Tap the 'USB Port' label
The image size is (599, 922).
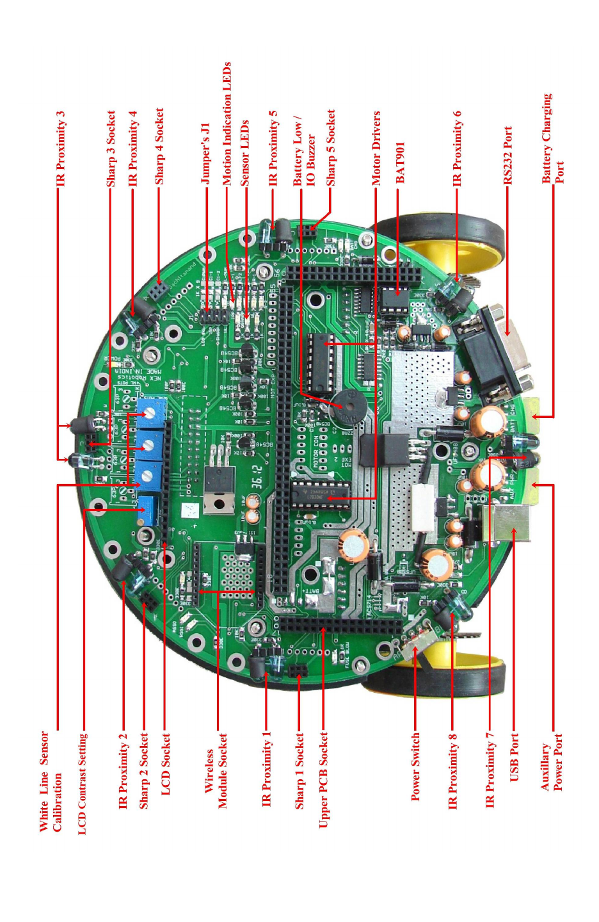514,757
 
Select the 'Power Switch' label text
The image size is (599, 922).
415,766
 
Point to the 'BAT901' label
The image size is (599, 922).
400,163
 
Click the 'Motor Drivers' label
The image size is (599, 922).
376,149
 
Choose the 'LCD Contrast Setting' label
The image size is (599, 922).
83,784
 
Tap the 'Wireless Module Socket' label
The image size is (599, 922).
216,771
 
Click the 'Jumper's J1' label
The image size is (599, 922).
205,154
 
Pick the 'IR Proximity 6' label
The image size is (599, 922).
457,149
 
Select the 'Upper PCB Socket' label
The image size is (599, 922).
323,780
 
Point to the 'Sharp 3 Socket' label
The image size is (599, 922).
111,149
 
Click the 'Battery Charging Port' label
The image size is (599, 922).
552,139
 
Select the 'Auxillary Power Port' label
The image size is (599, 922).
552,766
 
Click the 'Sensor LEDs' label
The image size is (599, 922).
244,154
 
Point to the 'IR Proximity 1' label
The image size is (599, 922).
267,769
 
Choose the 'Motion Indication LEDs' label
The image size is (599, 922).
227,124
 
